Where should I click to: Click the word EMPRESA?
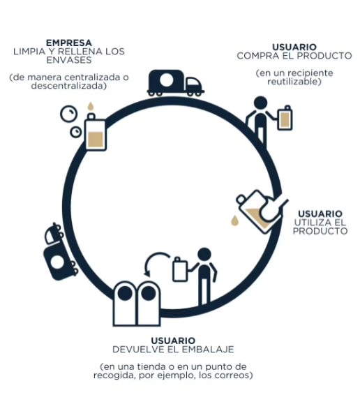(x=69, y=43)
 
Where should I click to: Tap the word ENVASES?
(x=69, y=60)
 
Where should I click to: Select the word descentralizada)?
(x=69, y=86)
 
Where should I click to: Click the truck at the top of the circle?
(x=175, y=83)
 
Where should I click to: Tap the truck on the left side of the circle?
(x=60, y=252)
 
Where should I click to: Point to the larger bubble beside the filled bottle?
(x=68, y=114)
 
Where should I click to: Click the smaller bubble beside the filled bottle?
(x=75, y=132)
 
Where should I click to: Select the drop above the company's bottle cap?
(x=91, y=106)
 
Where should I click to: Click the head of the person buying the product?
(x=260, y=103)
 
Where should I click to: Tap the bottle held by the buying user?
(x=285, y=118)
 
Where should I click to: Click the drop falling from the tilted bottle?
(x=234, y=221)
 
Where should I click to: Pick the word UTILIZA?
(x=310, y=223)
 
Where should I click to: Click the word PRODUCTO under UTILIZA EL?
(x=320, y=231)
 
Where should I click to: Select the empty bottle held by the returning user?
(x=180, y=269)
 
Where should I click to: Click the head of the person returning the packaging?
(x=204, y=255)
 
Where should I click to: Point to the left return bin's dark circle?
(x=125, y=294)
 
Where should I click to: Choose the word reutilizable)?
(x=294, y=82)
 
